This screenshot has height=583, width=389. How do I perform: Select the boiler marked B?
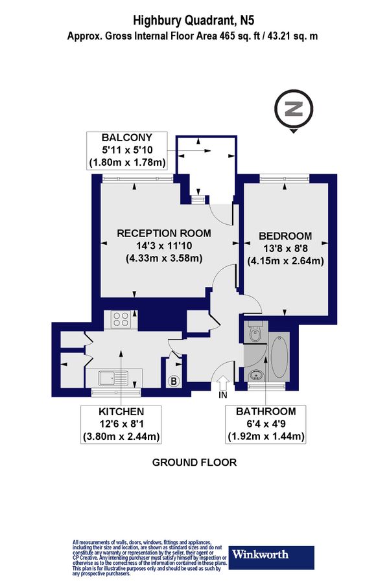pyautogui.click(x=174, y=382)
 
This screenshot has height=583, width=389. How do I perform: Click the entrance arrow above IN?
pyautogui.click(x=224, y=383)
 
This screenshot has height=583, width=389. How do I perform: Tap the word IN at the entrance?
pyautogui.click(x=224, y=394)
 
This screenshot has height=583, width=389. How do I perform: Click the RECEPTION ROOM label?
pyautogui.click(x=163, y=233)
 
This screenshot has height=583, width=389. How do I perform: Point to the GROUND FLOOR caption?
pyautogui.click(x=194, y=463)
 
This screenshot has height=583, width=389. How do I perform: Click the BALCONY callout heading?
pyautogui.click(x=127, y=137)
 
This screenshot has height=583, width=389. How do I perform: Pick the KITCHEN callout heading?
pyautogui.click(x=121, y=412)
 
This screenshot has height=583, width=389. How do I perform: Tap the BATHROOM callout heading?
pyautogui.click(x=266, y=412)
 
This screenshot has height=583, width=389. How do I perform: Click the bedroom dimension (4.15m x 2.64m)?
pyautogui.click(x=285, y=262)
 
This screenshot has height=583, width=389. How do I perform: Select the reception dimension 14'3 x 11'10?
pyautogui.click(x=163, y=246)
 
